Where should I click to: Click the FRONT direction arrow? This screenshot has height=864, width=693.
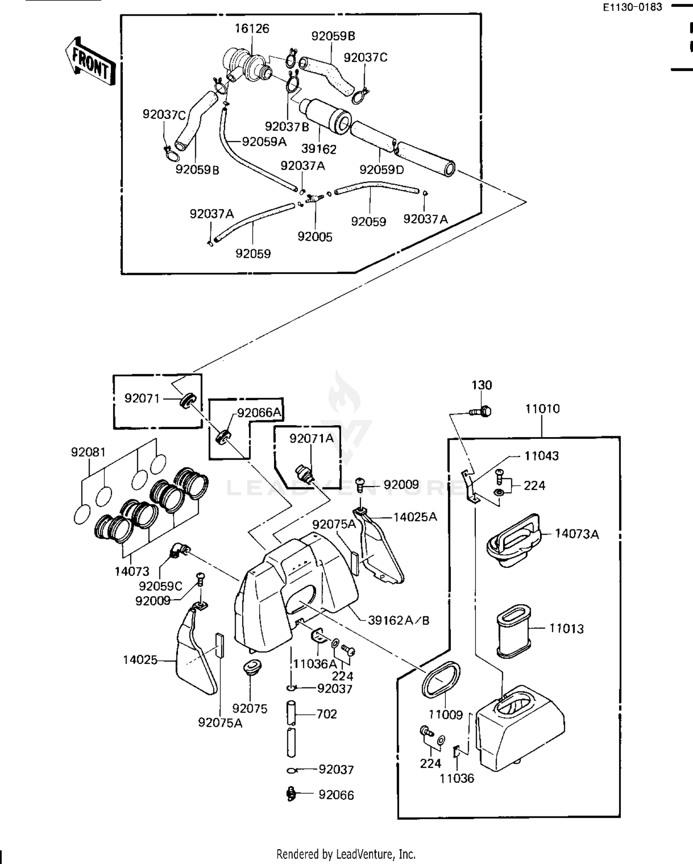coord(91,62)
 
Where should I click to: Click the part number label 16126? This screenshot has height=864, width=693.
coord(252,29)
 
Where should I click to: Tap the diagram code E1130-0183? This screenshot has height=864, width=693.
coord(632,7)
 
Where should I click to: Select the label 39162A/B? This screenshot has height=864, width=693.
coord(398,620)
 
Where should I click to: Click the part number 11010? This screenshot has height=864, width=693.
coord(542,408)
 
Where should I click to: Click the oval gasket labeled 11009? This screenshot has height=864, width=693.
coord(441,680)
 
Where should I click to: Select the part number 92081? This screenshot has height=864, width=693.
coord(88,452)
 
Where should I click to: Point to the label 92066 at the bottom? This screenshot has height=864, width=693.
coord(336,795)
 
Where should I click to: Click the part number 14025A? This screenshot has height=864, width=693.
coord(415,517)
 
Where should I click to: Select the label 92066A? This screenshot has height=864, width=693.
coord(259,413)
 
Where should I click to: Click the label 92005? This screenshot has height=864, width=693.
coord(315,237)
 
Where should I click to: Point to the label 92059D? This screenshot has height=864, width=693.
coord(382,170)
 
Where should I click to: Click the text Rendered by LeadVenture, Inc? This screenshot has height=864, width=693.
coord(346,854)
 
